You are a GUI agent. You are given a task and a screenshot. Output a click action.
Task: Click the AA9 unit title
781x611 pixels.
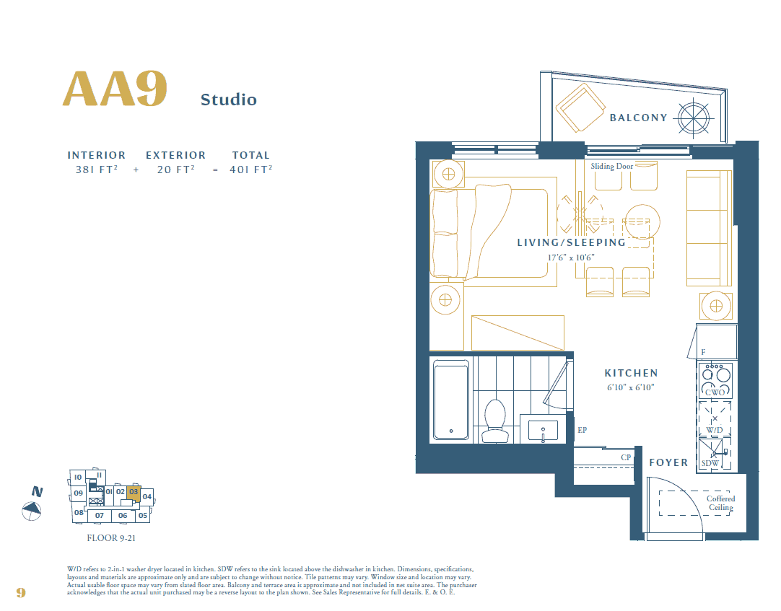click(115, 89)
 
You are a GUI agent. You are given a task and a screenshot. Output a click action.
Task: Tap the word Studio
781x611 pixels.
click(229, 100)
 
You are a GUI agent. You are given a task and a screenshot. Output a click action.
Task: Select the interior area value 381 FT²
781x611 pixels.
click(97, 170)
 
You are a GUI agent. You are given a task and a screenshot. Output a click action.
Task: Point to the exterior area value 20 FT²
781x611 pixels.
click(176, 170)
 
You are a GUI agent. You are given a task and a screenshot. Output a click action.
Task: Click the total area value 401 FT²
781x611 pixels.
click(251, 170)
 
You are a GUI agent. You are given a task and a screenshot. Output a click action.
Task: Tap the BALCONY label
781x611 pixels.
click(639, 118)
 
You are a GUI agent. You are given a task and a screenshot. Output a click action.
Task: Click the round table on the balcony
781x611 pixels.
click(694, 118)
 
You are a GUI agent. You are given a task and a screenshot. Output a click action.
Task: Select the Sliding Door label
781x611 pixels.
click(611, 167)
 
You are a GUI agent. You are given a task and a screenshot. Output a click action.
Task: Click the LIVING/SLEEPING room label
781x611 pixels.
click(571, 242)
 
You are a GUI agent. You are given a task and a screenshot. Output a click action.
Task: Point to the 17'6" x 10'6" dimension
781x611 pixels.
click(571, 258)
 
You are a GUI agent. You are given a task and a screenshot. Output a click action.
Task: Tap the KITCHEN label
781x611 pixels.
click(631, 373)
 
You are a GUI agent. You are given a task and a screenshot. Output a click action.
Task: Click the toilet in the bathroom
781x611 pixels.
click(495, 421)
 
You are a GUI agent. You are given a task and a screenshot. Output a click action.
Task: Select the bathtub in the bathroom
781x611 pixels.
click(450, 400)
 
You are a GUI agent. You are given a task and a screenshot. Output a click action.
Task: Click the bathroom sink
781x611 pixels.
click(543, 431)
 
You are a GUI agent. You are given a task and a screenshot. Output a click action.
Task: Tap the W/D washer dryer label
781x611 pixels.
click(715, 430)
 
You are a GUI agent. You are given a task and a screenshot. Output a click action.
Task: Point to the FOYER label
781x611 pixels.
click(668, 462)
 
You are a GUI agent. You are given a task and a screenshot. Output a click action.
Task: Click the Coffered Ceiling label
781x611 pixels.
click(721, 503)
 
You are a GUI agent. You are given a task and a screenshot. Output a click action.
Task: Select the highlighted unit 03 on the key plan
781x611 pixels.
click(134, 492)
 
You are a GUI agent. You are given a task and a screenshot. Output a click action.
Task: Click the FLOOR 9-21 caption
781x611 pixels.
click(111, 538)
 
